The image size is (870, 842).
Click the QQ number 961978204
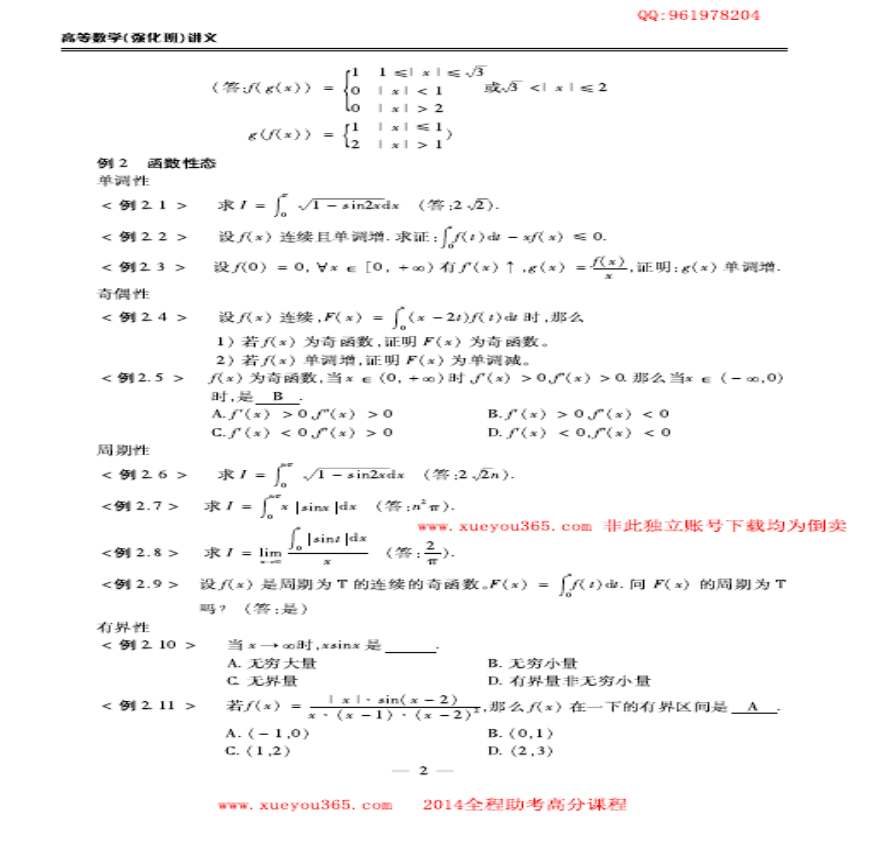[x=699, y=15]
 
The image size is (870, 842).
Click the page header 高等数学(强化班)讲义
[x=139, y=38]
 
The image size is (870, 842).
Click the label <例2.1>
[x=144, y=205]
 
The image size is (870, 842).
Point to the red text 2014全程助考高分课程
[x=524, y=804]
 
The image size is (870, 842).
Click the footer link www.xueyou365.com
[x=305, y=804]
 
